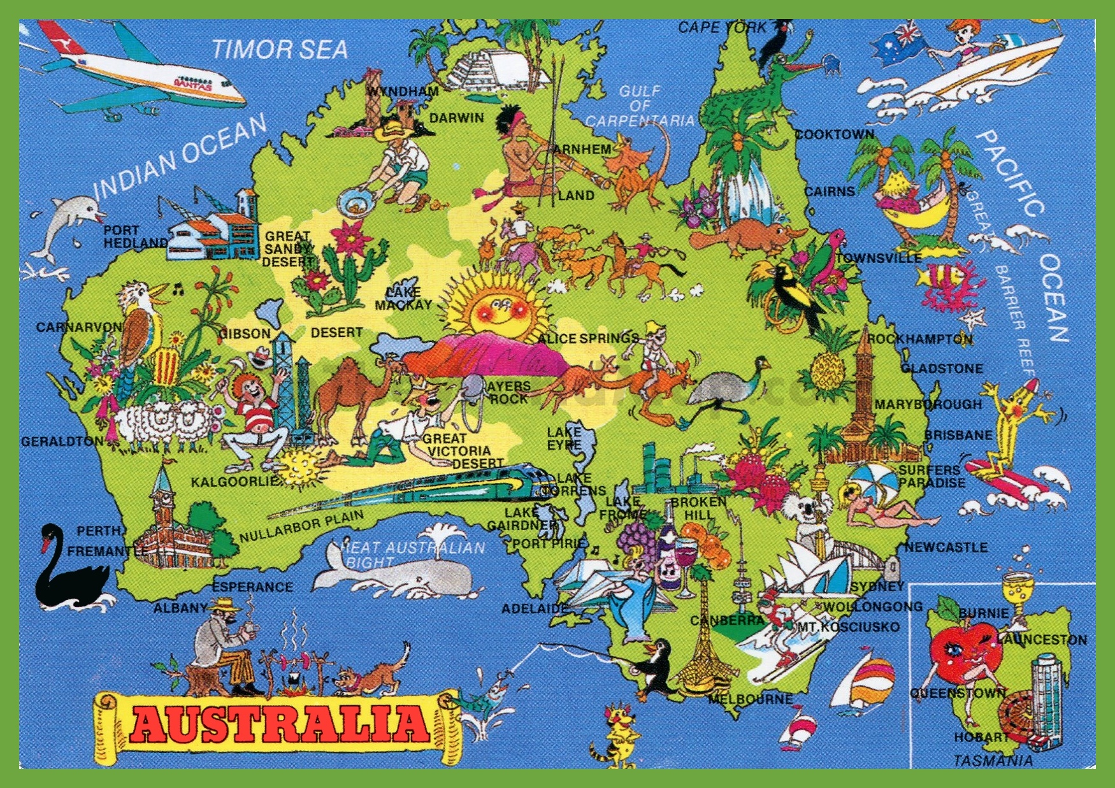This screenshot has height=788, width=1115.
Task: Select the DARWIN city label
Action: coord(456,118)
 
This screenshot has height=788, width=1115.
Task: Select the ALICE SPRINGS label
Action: coord(587,338)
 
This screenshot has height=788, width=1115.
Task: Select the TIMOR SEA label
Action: coord(280,49)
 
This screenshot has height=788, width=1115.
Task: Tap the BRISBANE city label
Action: coord(958,436)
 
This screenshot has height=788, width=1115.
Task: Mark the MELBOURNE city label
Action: coord(751,699)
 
